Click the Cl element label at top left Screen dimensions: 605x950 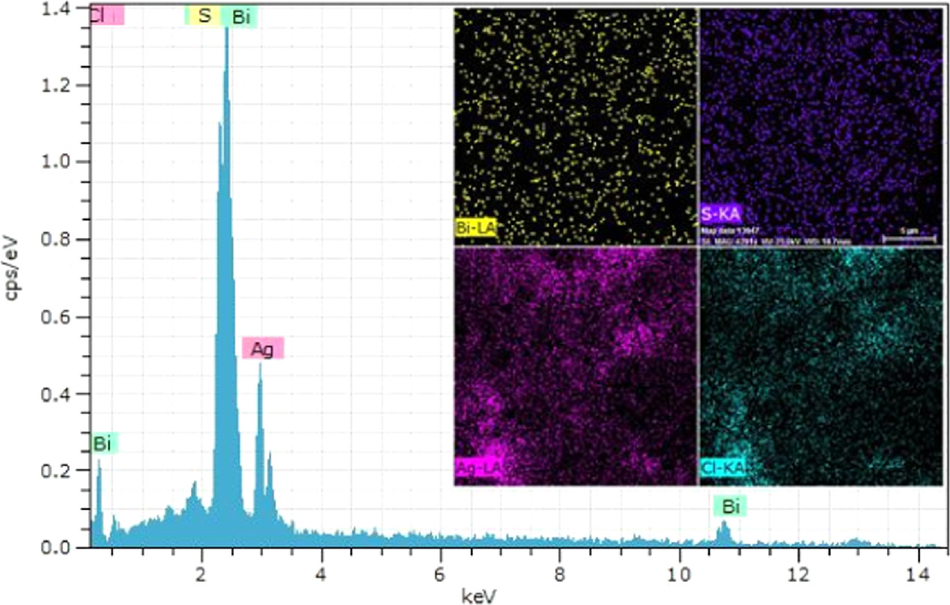point(106,16)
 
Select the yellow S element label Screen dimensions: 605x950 point(204,16)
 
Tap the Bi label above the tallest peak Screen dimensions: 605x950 point(240,18)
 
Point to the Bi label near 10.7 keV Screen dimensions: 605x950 point(730,507)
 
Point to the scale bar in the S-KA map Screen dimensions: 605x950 point(909,239)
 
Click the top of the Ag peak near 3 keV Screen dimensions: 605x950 point(260,365)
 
